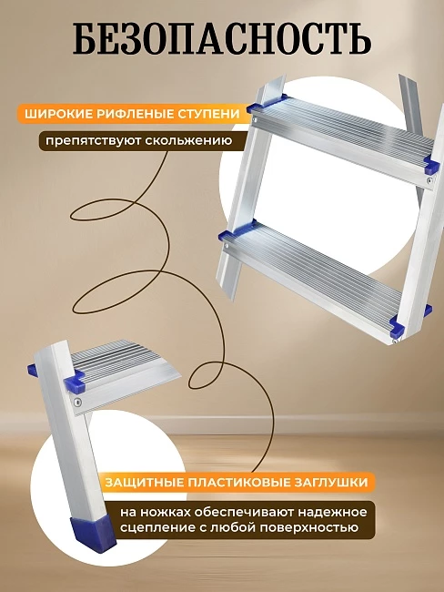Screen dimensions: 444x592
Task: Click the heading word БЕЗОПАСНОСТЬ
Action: coord(222,39)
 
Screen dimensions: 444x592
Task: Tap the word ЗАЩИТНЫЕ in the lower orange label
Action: coord(145,482)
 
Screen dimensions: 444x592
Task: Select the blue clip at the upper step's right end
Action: coord(432,166)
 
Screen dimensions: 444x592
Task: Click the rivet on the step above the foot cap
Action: coord(77,403)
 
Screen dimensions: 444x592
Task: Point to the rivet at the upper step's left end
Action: coord(256,120)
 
